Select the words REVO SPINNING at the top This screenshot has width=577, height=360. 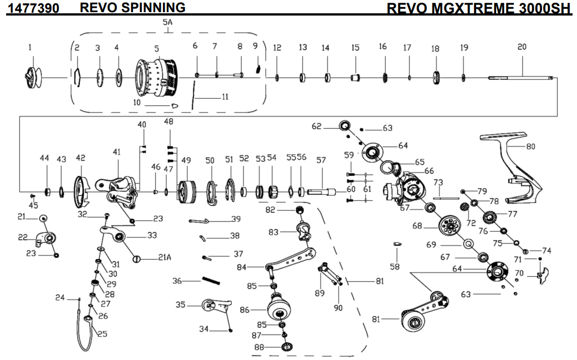point(132,7)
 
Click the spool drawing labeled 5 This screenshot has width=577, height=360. point(156,77)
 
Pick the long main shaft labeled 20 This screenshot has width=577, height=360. point(521,77)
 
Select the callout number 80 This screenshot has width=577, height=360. point(530,147)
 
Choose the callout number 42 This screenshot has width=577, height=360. point(80,159)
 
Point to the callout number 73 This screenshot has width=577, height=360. point(438,182)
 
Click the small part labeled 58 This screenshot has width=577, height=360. point(397,244)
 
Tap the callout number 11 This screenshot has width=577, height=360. point(225,97)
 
